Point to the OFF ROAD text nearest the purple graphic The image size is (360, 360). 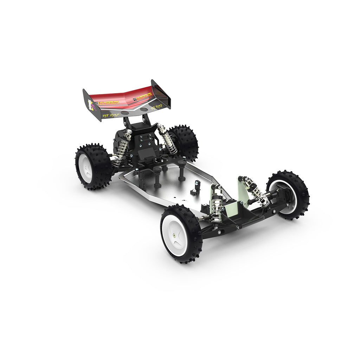[110, 115]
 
